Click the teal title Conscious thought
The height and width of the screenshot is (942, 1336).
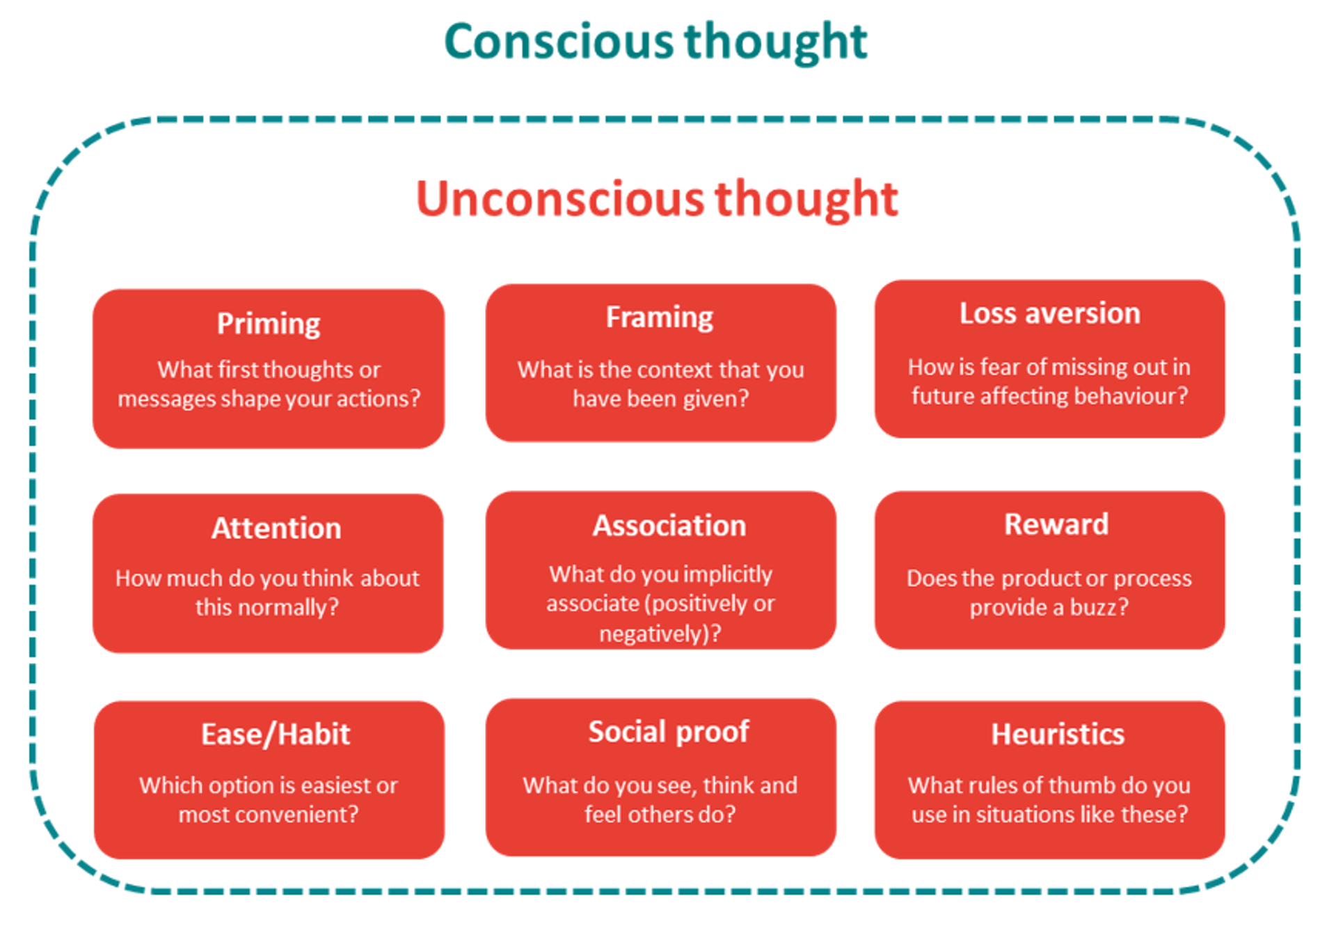655,42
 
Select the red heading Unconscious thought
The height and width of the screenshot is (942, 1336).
657,199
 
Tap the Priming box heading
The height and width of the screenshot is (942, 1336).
268,324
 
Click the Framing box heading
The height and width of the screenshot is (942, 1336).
660,318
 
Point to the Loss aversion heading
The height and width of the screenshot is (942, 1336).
1050,313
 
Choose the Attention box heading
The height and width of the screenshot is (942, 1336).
276,528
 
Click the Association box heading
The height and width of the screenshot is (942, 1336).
669,526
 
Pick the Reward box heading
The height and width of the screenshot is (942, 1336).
1056,524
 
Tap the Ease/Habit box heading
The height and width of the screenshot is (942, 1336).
276,735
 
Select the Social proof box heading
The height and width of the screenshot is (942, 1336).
669,732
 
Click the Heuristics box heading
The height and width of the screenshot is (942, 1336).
1058,735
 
